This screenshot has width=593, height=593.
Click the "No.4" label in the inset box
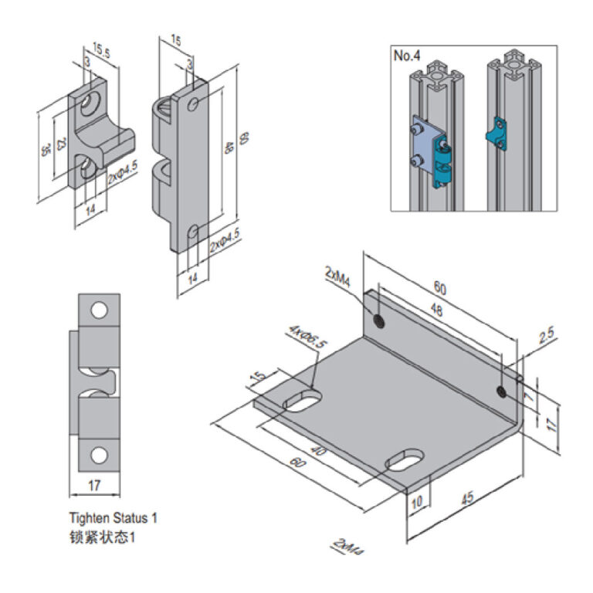(406, 56)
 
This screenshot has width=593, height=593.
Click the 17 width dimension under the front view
(95, 486)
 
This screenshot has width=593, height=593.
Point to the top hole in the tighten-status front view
(99, 310)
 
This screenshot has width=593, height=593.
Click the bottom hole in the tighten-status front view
(99, 455)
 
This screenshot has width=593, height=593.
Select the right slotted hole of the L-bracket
(403, 458)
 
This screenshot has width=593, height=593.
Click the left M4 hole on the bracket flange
(380, 320)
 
